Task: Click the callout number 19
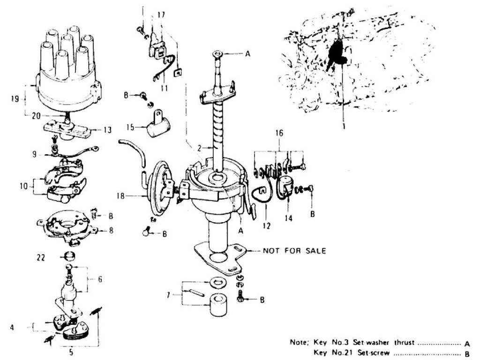15,98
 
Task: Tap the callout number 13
108,130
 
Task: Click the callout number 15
131,127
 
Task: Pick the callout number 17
161,15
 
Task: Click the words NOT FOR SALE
294,251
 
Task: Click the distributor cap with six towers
68,70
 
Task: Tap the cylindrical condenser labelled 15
157,126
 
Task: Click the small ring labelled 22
69,257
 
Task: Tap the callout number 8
111,231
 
